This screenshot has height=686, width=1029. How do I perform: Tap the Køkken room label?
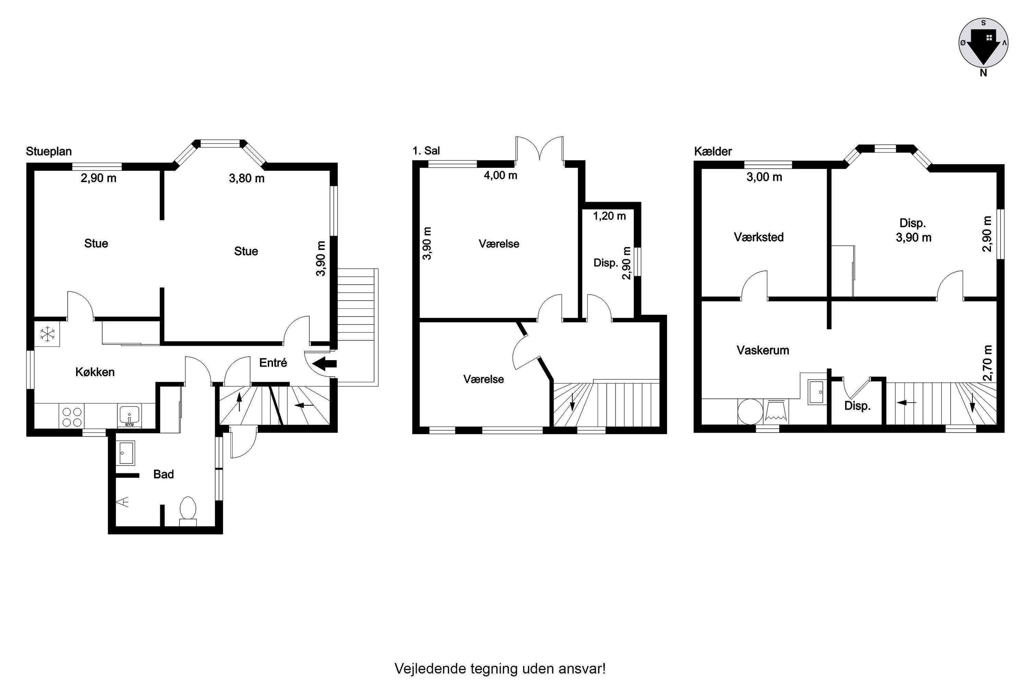(x=95, y=372)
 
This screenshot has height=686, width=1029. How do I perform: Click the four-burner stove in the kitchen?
(x=72, y=416)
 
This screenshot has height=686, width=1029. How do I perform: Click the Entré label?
(x=273, y=363)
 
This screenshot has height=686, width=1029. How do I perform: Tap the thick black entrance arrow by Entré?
(x=324, y=363)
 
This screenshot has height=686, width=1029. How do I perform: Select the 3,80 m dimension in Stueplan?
(x=247, y=178)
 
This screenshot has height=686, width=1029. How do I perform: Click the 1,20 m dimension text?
(x=610, y=216)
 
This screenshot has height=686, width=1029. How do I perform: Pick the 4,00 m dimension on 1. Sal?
(x=500, y=175)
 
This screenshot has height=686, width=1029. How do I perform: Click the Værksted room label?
(x=759, y=237)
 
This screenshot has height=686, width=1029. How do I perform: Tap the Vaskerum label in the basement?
(x=763, y=350)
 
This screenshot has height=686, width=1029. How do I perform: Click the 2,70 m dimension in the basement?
(x=987, y=363)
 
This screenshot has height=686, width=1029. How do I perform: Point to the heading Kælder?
(x=713, y=151)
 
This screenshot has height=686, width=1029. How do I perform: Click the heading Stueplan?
(x=49, y=151)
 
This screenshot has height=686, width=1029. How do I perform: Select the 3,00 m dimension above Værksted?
(x=764, y=177)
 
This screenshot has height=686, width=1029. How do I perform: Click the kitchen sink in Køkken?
(x=129, y=415)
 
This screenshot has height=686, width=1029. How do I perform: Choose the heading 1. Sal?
(x=426, y=151)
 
